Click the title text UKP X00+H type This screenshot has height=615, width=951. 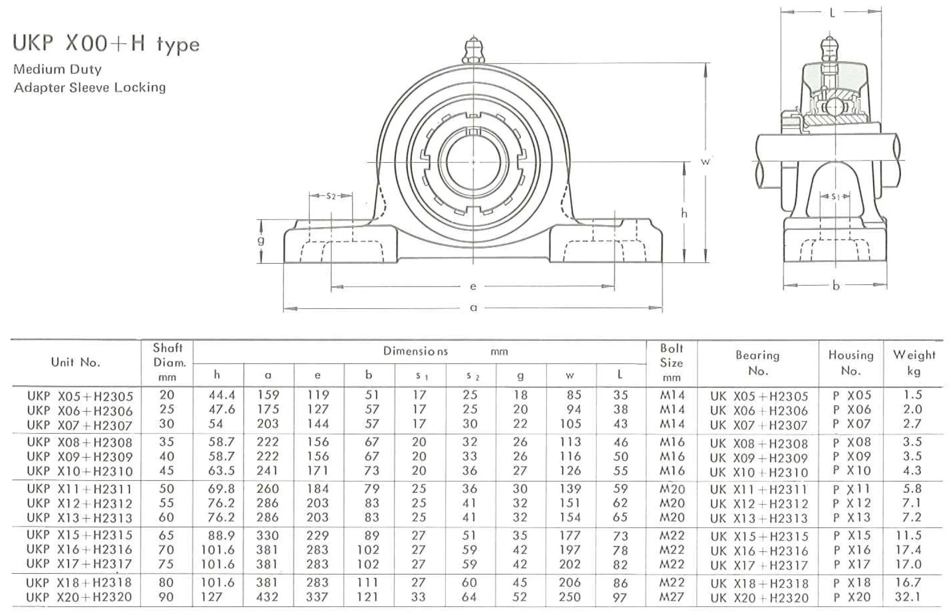[106, 44]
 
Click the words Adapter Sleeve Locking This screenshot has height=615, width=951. [90, 87]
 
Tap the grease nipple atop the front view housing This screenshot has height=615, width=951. [473, 51]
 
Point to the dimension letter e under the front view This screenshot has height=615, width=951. [473, 287]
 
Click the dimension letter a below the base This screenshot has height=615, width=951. [474, 308]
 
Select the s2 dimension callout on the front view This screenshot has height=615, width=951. [331, 196]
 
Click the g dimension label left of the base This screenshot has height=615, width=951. [261, 240]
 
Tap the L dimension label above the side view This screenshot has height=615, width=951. [832, 13]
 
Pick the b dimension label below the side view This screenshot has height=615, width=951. [836, 286]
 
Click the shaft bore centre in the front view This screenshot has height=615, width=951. [473, 162]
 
